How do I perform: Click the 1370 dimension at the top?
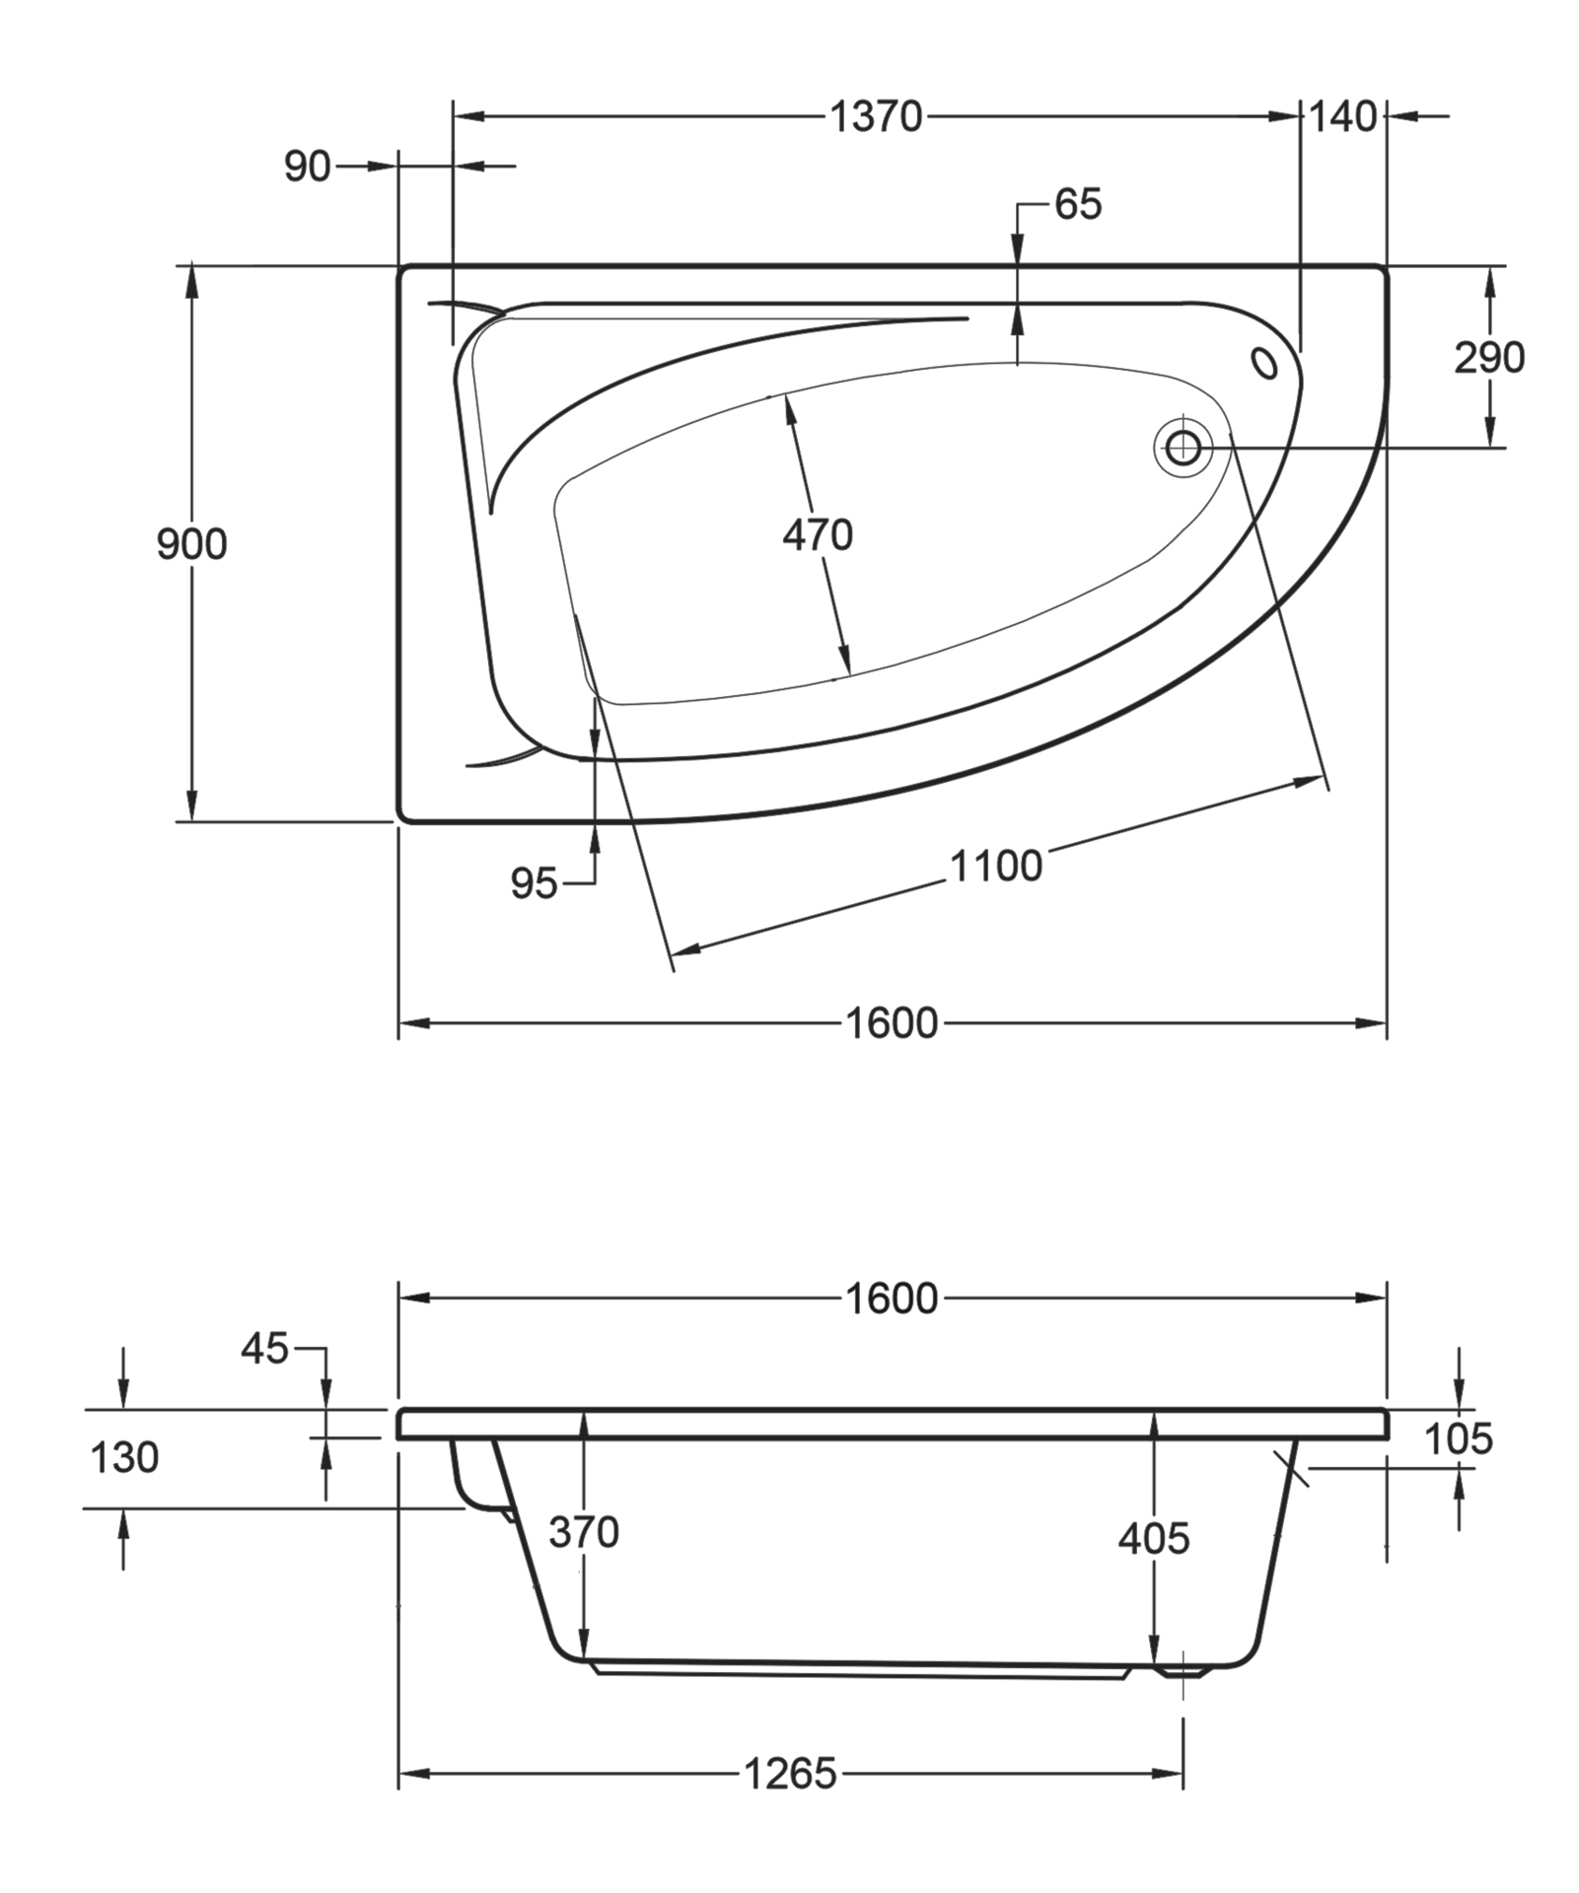876,117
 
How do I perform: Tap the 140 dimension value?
1342,117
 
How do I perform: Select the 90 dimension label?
307,168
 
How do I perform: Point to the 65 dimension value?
1077,205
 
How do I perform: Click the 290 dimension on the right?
1488,358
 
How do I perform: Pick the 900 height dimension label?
191,544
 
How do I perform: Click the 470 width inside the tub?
817,535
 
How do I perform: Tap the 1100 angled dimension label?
995,867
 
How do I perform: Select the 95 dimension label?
534,884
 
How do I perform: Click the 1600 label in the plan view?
892,1023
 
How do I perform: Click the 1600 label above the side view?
892,1298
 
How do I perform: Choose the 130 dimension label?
124,1457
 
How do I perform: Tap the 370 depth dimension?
584,1532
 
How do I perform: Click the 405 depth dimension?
1154,1538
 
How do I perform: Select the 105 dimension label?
1458,1439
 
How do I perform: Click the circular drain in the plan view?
1183,449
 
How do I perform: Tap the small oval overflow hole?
1263,363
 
